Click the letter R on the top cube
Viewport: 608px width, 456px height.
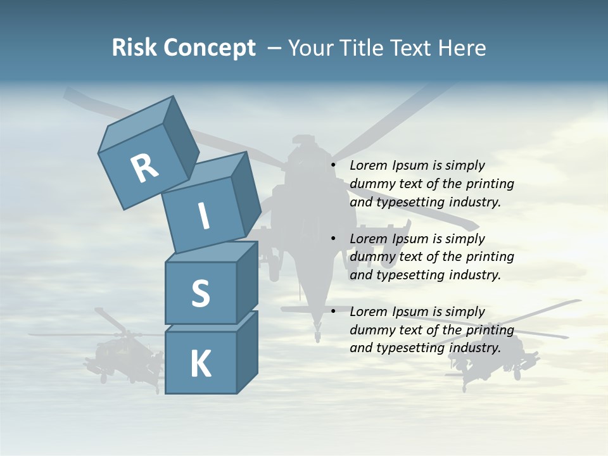pos(144,168)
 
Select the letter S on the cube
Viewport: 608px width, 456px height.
pos(200,293)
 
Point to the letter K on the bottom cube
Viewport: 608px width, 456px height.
pos(200,364)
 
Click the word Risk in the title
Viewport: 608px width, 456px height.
pos(134,48)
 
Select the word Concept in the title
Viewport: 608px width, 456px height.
pos(208,48)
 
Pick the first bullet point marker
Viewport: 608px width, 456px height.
pos(332,166)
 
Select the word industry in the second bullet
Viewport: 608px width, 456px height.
pos(475,275)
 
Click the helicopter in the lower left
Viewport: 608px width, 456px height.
pos(120,351)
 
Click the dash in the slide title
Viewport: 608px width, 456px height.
pos(275,48)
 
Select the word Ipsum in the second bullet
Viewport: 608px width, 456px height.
pos(411,239)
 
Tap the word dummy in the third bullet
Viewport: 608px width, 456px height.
pos(370,330)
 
